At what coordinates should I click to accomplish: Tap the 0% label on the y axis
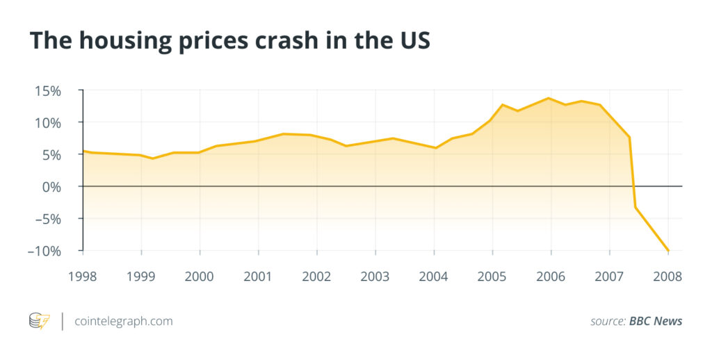click(53, 187)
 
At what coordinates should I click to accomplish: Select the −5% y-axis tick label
click(47, 219)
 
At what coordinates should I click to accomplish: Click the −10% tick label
click(44, 251)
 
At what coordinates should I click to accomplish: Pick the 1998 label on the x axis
click(83, 277)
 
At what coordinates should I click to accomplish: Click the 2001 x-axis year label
click(258, 277)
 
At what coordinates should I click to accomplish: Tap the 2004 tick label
click(434, 277)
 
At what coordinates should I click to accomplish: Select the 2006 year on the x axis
click(551, 277)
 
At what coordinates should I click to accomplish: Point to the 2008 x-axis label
click(668, 277)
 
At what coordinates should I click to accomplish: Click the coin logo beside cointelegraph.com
click(39, 321)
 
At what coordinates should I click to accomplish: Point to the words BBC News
click(656, 321)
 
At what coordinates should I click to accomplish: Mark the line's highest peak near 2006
click(549, 98)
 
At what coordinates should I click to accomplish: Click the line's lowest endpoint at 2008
click(668, 250)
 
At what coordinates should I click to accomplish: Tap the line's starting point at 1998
click(83, 151)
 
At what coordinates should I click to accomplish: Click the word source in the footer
click(607, 321)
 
